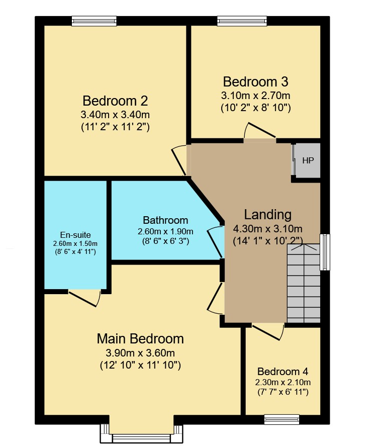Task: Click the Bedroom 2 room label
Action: [x=115, y=101]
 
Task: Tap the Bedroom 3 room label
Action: [x=256, y=81]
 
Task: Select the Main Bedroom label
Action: [x=140, y=339]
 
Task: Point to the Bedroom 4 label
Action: [x=282, y=372]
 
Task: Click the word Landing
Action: [x=268, y=215]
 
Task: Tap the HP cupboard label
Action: [x=308, y=161]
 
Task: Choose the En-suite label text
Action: [x=75, y=235]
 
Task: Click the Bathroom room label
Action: [x=165, y=220]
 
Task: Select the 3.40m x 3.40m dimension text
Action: [x=115, y=115]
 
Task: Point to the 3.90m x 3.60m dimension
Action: [x=140, y=353]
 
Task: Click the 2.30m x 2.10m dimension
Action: [x=282, y=382]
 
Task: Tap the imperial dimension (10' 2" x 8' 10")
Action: [x=256, y=108]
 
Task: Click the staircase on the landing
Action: [x=304, y=283]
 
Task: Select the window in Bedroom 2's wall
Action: [x=94, y=21]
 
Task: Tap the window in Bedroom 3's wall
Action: [x=242, y=21]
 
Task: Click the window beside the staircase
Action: [x=325, y=252]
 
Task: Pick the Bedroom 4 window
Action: [x=281, y=419]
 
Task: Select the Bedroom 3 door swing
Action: [x=259, y=131]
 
